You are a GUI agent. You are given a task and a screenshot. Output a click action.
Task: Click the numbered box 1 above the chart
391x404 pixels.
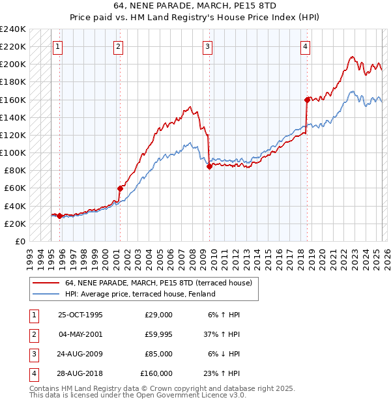coord(59,46)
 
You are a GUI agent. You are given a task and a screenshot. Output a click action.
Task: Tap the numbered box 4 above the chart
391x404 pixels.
coord(305,46)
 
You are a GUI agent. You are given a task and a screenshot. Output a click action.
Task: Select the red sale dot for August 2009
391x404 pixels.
coord(209,166)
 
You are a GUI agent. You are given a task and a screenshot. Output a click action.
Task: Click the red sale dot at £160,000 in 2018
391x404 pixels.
coord(307,100)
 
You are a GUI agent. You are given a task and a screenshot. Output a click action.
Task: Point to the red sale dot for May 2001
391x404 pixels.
coord(120,188)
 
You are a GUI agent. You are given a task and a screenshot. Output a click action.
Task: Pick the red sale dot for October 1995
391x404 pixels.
coord(59,216)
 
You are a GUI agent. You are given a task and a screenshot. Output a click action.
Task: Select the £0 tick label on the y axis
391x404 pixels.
coord(20,241)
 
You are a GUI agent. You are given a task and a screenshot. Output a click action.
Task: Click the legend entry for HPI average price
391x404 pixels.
coord(140,294)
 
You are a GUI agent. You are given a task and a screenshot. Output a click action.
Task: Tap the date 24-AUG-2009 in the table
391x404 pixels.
coord(80,354)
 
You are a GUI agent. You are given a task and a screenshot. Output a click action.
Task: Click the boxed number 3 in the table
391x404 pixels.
coord(32,354)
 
